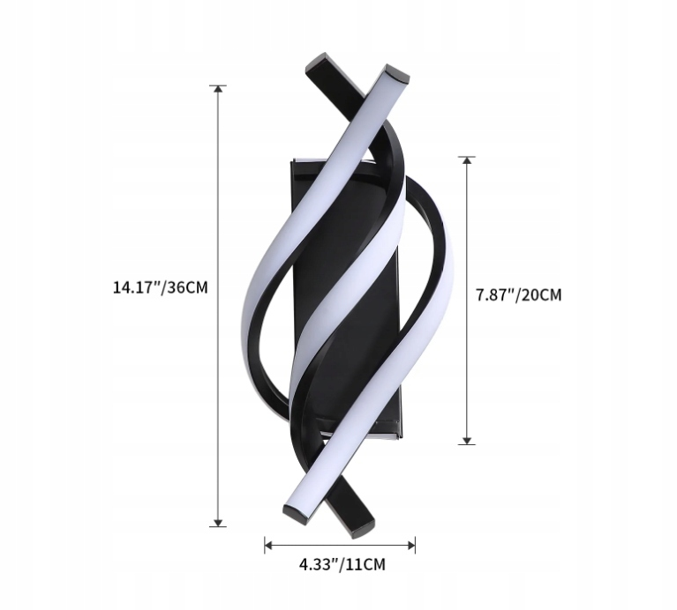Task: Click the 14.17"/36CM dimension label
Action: coord(160,287)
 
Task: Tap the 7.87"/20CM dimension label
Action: coord(518,295)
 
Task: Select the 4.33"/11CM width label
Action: coord(342,564)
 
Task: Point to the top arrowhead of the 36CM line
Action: coord(218,89)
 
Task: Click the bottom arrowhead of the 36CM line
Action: coord(218,523)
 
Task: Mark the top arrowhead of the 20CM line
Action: coord(467,160)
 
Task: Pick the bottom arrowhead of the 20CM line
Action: coord(467,441)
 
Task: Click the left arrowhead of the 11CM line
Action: coord(268,546)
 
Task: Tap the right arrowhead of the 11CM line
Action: coord(411,546)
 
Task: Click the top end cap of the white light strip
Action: coord(395,74)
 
